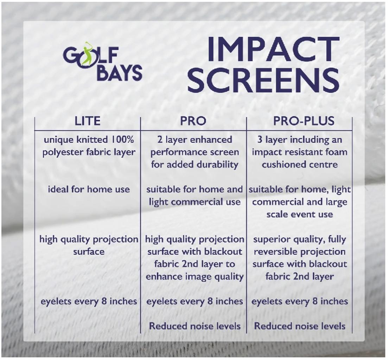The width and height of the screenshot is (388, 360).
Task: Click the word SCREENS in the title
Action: click(x=263, y=79)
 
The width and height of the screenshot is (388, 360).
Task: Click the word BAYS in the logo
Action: click(x=119, y=73)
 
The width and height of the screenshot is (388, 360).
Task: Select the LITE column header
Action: click(x=88, y=121)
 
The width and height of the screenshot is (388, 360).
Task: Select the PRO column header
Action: click(x=193, y=121)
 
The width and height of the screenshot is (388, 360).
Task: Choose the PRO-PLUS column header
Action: click(x=304, y=121)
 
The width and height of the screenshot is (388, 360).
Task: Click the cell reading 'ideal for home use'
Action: click(x=89, y=189)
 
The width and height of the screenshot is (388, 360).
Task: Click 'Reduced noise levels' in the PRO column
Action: click(x=195, y=326)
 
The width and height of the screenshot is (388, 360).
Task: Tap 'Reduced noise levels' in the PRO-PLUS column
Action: click(x=300, y=326)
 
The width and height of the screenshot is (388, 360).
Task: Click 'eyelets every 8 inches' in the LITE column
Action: click(x=89, y=301)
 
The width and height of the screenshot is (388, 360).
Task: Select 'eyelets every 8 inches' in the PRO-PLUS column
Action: click(x=300, y=301)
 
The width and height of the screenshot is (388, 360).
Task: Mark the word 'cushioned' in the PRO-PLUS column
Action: click(x=282, y=165)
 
